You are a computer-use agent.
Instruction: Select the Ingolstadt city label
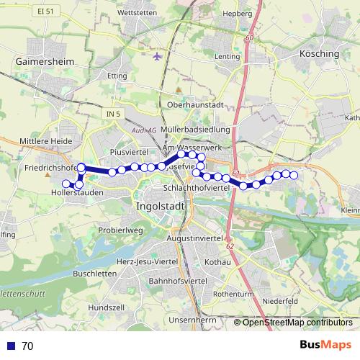pos(161,206)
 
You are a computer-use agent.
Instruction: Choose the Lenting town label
pos(227,55)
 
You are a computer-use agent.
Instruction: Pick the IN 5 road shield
pos(110,114)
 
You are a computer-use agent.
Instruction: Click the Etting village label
pos(116,74)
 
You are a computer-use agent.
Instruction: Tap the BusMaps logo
pos(325,345)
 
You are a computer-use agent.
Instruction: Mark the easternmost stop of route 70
pos(294,175)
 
